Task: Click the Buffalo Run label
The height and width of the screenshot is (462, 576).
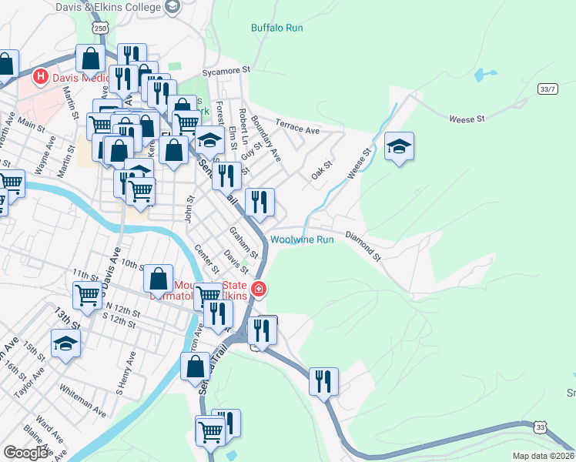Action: (277, 28)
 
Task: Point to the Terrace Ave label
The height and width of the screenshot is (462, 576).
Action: (298, 131)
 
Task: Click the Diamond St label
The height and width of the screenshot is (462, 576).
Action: (363, 244)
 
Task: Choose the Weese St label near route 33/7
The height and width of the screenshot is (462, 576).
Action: (467, 119)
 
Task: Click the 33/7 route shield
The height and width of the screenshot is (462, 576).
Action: (548, 89)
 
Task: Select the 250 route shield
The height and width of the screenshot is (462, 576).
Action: (100, 27)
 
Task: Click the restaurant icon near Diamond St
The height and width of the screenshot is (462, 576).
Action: (323, 381)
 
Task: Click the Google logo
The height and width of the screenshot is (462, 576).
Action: (25, 453)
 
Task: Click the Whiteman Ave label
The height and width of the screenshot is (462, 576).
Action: (82, 397)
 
